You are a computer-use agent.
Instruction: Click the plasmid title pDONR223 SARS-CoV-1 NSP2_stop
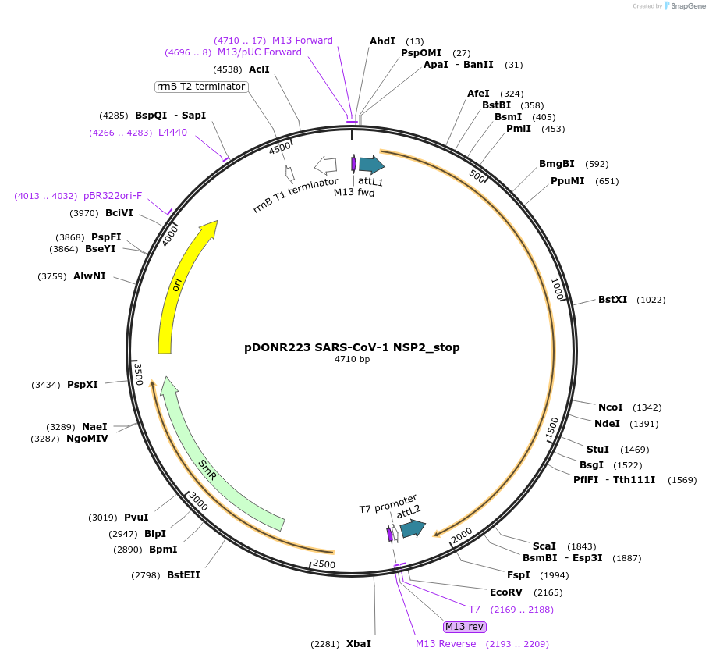click(x=352, y=347)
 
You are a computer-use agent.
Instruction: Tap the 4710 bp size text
click(x=352, y=360)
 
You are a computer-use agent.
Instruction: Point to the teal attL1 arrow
click(x=371, y=164)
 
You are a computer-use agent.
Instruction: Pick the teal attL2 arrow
click(x=412, y=529)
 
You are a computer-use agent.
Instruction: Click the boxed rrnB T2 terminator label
click(x=201, y=87)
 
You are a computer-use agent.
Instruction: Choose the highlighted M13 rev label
click(x=464, y=627)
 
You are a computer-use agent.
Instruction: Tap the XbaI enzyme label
click(x=359, y=644)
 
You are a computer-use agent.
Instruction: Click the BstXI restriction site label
click(x=612, y=300)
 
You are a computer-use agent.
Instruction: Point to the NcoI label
click(x=610, y=407)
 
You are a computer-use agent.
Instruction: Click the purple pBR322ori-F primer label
click(x=112, y=196)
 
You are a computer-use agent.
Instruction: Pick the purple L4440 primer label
click(x=172, y=133)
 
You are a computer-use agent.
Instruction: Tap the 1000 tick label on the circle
click(x=557, y=289)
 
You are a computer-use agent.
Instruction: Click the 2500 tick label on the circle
click(x=323, y=564)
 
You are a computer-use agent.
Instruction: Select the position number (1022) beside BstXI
click(x=651, y=300)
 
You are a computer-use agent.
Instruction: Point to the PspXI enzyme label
click(x=83, y=385)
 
